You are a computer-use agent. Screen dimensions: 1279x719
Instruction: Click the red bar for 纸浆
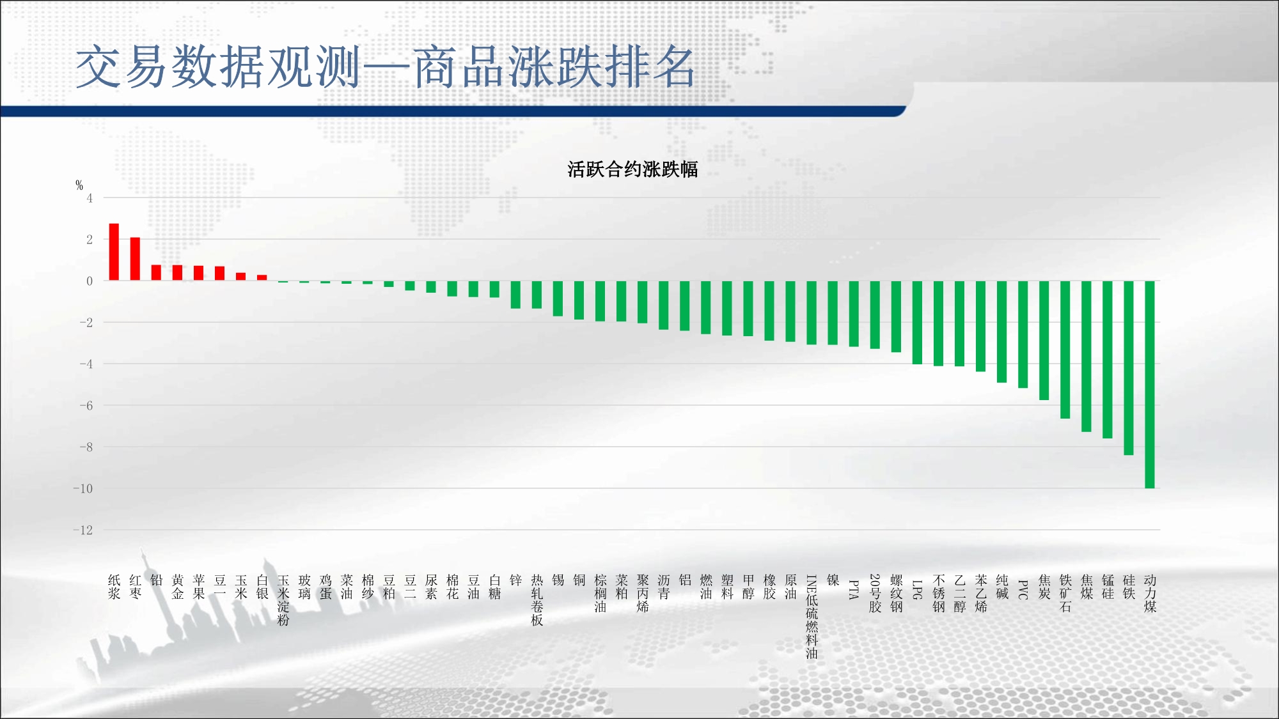114,252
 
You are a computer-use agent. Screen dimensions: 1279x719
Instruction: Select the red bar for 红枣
135,259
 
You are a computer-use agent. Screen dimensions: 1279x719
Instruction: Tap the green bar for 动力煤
1150,385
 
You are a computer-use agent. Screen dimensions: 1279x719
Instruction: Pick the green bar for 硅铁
1129,368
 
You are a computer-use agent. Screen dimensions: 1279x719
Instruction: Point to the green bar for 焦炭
1044,341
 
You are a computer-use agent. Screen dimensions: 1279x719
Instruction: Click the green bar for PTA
854,314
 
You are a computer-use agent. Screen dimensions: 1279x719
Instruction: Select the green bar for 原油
790,311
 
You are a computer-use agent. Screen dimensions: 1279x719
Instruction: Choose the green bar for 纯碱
1002,332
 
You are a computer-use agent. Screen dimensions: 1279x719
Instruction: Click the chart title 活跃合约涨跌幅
632,169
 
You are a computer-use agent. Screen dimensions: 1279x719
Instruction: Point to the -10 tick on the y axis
82,488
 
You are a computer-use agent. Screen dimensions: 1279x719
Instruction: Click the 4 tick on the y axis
90,198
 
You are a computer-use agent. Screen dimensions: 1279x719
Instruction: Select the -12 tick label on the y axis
82,530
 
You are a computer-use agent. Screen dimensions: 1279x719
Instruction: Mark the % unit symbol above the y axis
79,185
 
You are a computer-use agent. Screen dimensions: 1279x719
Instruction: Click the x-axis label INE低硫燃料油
812,617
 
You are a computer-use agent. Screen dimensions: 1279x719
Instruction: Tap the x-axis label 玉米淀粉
283,600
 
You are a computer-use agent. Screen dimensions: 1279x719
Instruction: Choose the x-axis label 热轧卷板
537,600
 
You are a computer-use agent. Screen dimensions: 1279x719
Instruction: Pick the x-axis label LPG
917,589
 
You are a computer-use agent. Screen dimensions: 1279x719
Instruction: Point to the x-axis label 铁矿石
1065,594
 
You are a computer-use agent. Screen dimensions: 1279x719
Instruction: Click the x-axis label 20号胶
875,594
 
